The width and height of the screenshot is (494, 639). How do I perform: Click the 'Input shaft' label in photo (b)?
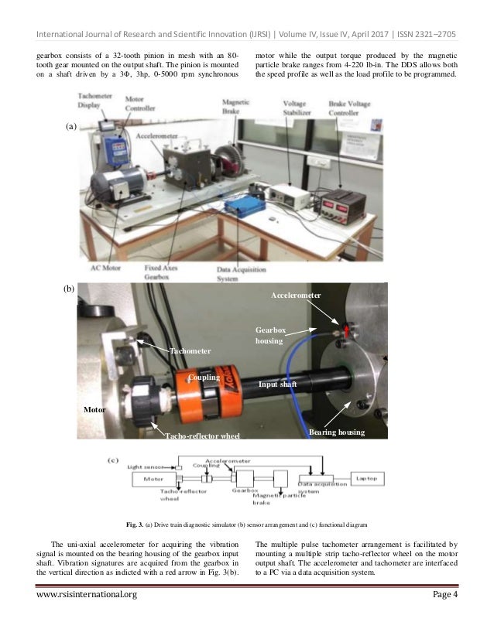[x=278, y=383]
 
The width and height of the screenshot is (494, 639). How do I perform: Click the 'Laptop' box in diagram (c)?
[x=371, y=479]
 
